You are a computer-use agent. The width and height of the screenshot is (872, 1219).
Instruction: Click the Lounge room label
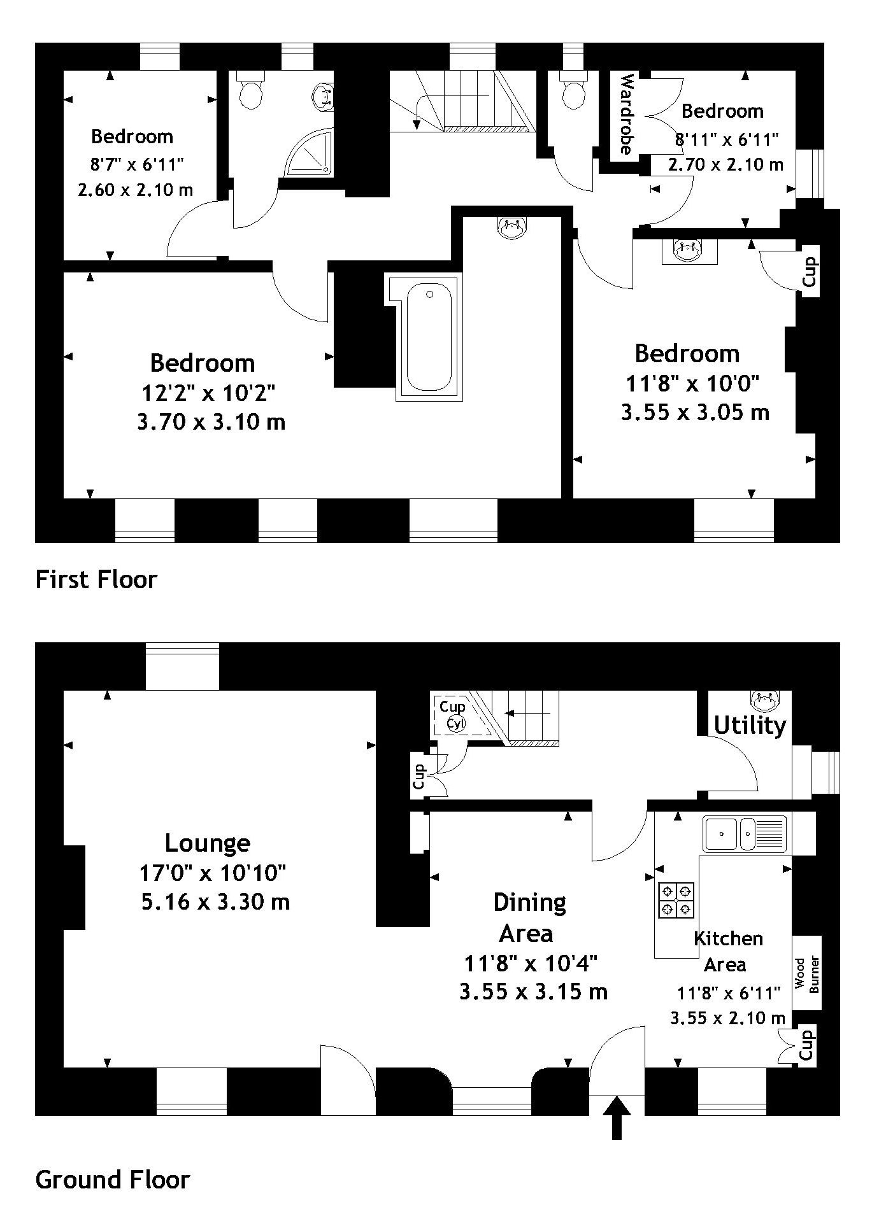tap(208, 843)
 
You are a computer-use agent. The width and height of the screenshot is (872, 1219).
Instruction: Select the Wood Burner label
tap(807, 975)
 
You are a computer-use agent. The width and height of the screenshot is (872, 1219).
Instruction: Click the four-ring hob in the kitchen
tap(676, 899)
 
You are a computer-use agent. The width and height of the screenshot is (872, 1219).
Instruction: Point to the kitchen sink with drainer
tap(745, 834)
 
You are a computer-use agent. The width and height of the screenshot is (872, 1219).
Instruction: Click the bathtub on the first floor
tap(429, 337)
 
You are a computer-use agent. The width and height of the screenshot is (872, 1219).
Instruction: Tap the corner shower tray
tap(308, 153)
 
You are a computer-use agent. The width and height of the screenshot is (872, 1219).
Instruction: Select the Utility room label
tap(750, 726)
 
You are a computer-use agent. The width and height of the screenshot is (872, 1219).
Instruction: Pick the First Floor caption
tap(96, 579)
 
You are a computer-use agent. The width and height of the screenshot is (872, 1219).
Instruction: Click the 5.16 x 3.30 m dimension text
tap(215, 902)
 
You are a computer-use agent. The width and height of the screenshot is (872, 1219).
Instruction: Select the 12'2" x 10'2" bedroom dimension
tap(208, 393)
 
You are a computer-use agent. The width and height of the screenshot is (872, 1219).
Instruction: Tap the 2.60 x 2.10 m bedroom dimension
tap(135, 190)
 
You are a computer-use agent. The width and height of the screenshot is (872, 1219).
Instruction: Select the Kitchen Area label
tap(727, 951)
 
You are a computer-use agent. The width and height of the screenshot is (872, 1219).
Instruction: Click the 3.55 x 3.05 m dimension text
tap(695, 412)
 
